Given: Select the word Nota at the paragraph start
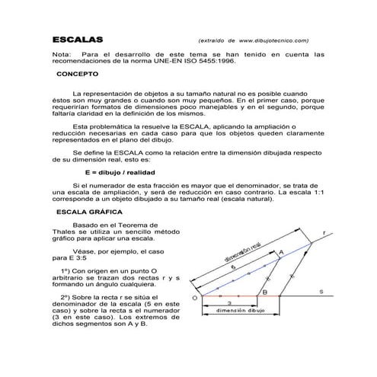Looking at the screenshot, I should pos(60,55).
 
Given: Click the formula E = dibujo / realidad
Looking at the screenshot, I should pos(111,172).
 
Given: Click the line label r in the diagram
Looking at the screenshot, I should pos(324,232).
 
